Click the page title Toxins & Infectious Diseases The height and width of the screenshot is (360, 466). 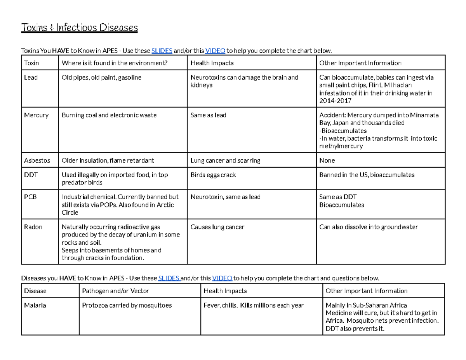(79, 28)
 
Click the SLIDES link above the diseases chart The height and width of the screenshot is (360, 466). (169, 278)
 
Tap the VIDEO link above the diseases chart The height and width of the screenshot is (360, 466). (223, 278)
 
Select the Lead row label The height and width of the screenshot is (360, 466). (31, 78)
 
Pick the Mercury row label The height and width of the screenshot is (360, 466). (36, 115)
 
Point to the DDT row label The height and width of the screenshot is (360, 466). (31, 175)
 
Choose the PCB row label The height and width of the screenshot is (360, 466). (30, 197)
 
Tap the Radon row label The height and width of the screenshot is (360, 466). (33, 227)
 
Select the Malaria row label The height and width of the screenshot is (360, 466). (35, 306)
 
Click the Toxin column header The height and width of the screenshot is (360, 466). (31, 63)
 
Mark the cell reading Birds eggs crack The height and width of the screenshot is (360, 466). (213, 175)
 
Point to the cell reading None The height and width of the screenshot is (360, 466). (327, 160)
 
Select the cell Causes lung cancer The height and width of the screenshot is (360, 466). (217, 227)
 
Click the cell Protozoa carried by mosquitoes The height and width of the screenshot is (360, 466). (127, 306)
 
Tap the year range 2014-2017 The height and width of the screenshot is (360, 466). (335, 101)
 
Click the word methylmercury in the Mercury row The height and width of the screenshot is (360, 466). (341, 146)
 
